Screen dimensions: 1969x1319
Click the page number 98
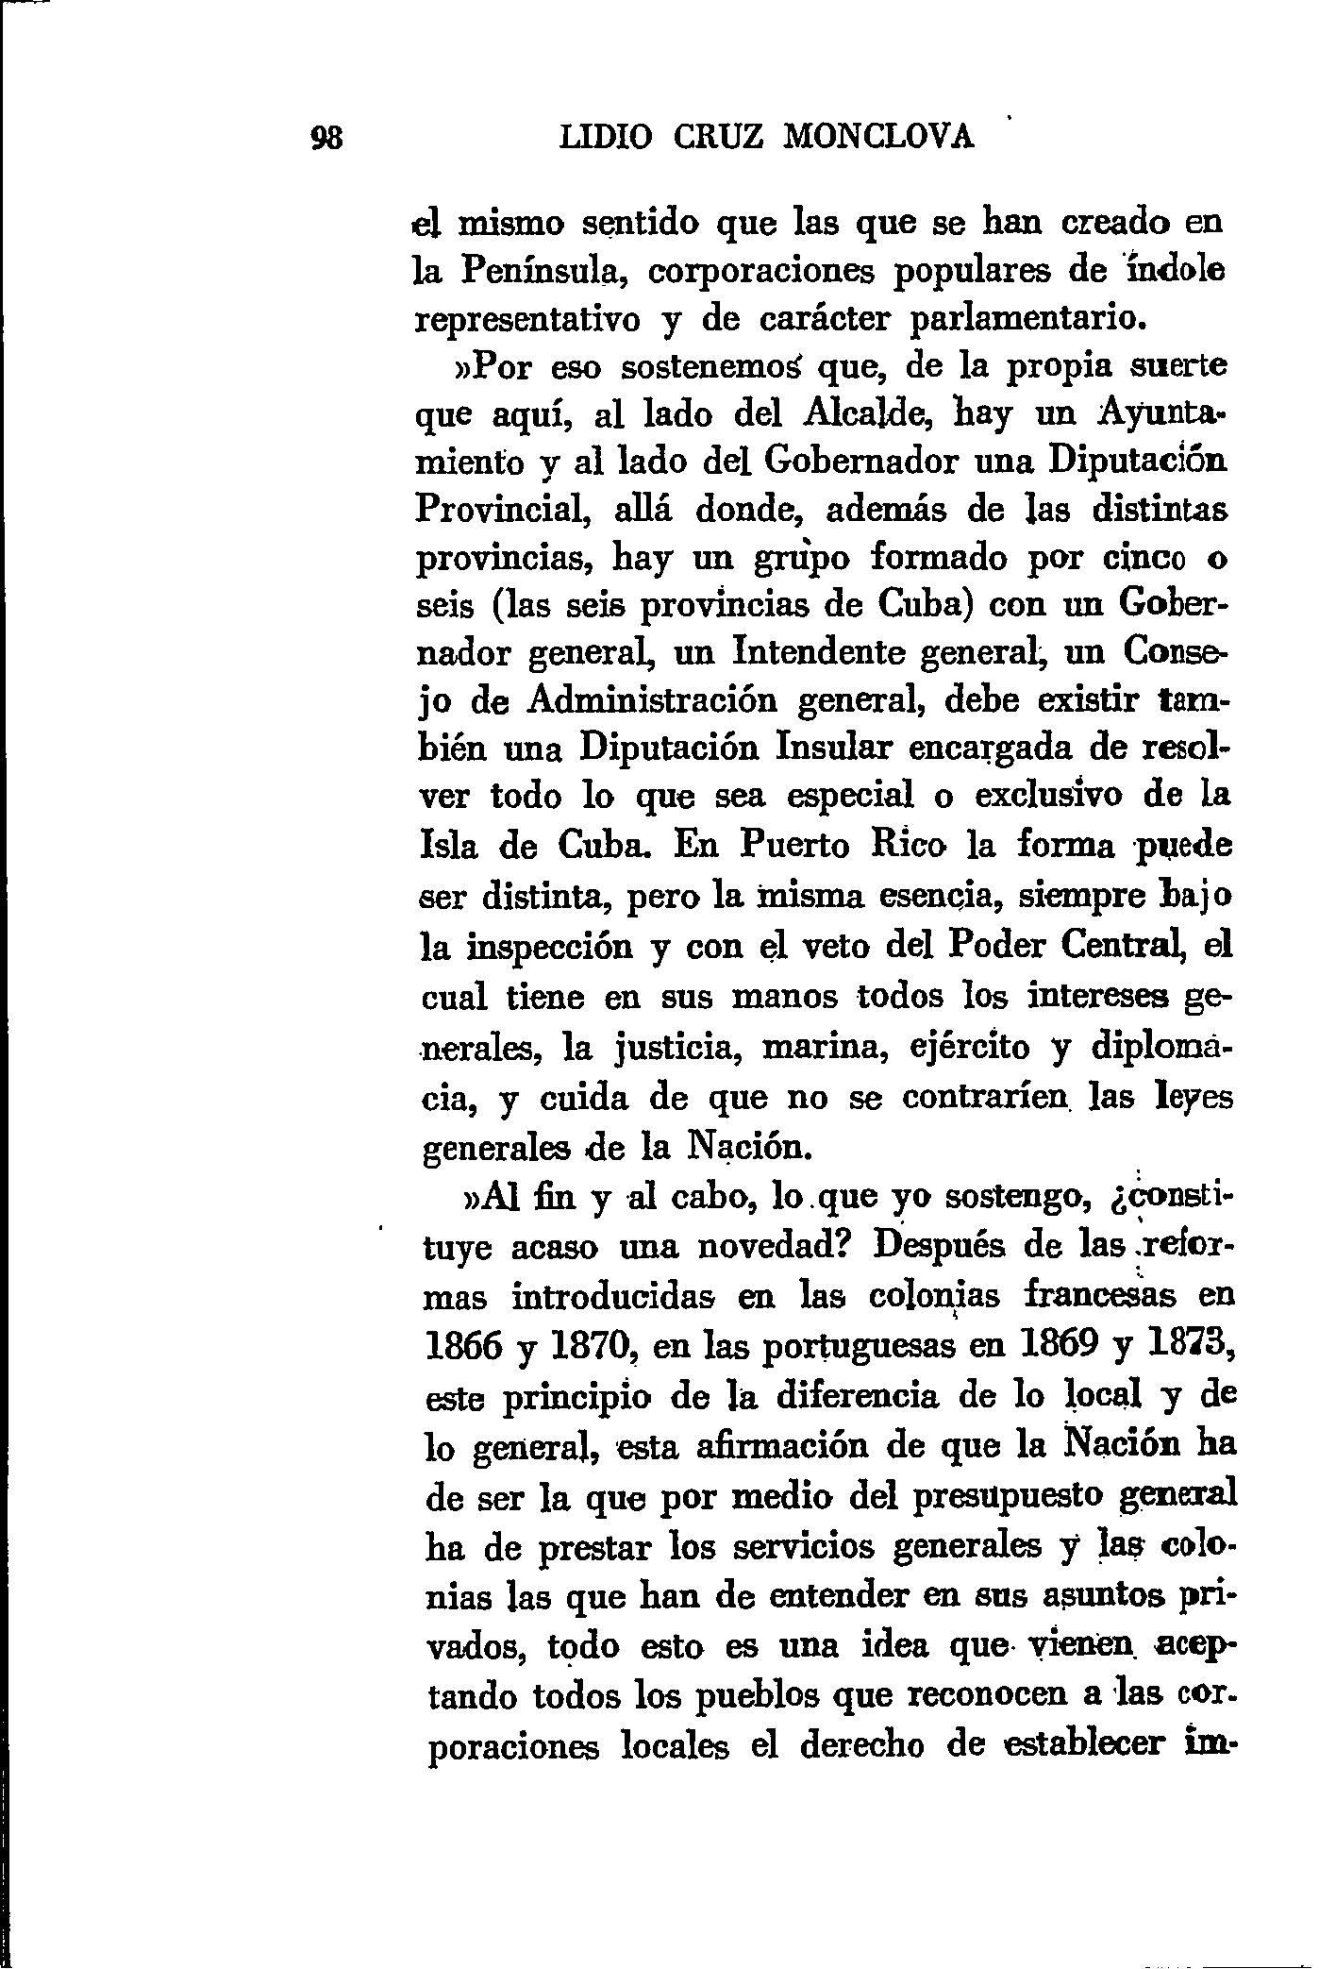tap(328, 139)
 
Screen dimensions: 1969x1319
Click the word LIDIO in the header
tap(605, 139)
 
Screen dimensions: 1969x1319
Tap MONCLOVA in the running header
tap(878, 139)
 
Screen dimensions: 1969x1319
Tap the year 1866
tap(463, 1346)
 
